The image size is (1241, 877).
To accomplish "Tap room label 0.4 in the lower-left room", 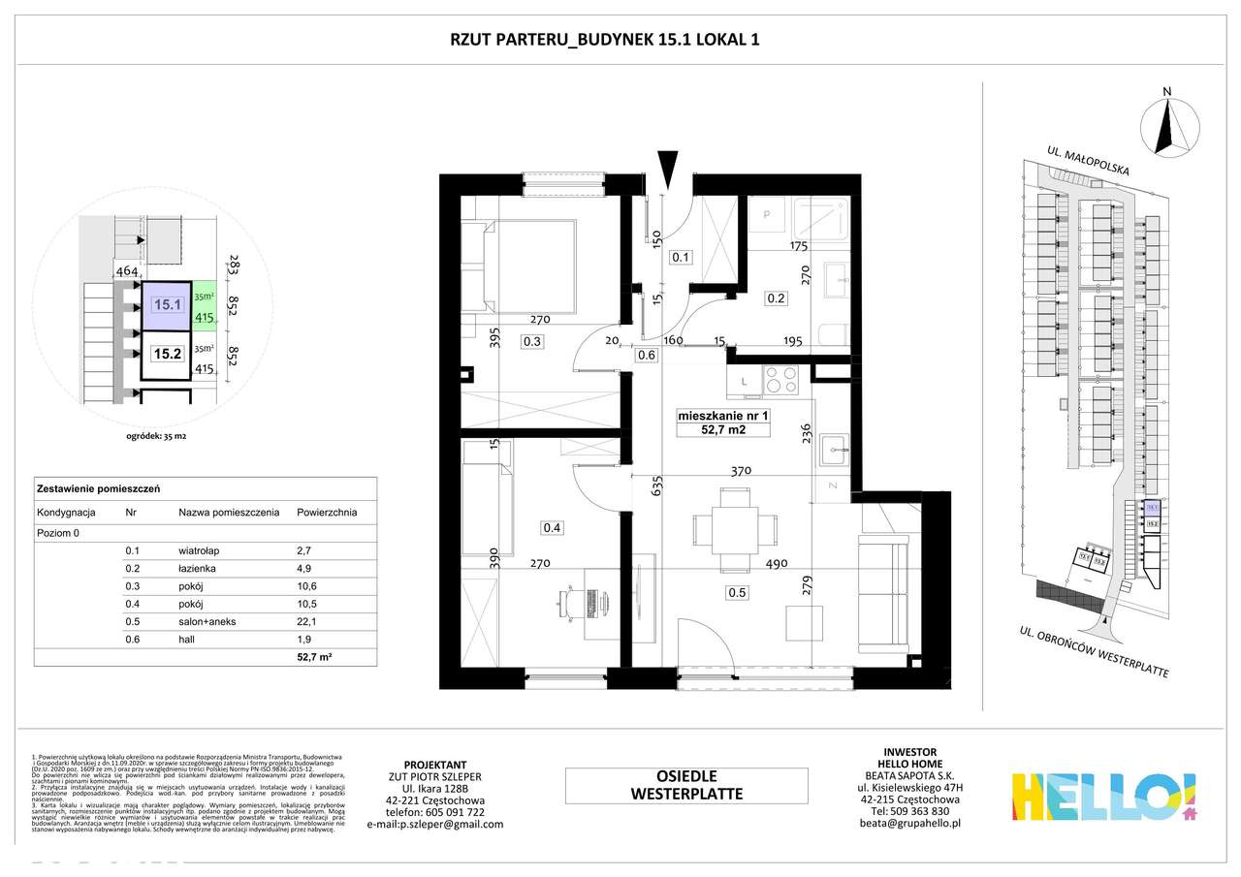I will click(x=553, y=527).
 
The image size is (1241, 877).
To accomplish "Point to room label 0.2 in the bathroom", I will click(x=775, y=298).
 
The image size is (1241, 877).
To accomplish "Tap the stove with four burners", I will click(x=780, y=378).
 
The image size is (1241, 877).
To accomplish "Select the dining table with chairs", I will click(x=735, y=529).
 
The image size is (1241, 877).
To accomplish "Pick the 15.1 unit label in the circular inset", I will click(x=167, y=304).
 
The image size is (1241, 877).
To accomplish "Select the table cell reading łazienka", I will click(x=198, y=571).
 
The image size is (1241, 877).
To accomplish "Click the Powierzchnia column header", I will click(x=327, y=512).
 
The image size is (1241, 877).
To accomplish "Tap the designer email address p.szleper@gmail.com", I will click(x=435, y=825).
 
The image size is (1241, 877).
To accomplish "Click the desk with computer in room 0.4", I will click(x=586, y=602).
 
